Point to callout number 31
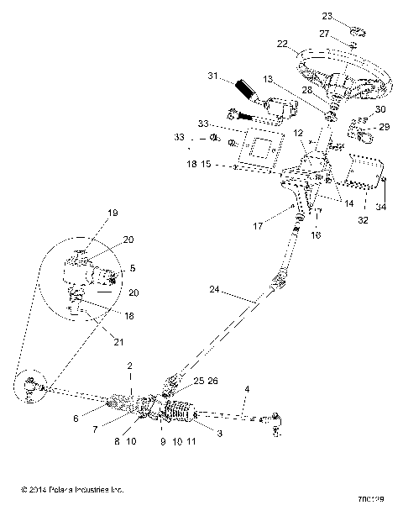pos(213,76)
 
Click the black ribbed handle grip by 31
pos(247,89)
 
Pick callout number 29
pos(385,126)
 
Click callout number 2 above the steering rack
pos(129,367)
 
